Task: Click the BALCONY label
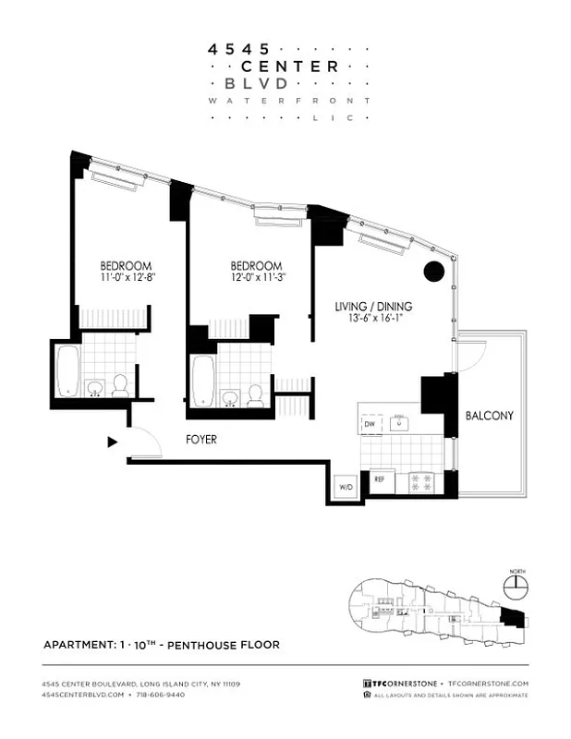coord(489,416)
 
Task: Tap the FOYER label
coord(200,440)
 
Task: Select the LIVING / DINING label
coord(373,307)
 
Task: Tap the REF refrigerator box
coord(379,480)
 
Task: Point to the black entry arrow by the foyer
coord(113,442)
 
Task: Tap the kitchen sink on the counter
coord(399,423)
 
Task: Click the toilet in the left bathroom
coord(120,385)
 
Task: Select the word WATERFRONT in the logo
coord(289,100)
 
